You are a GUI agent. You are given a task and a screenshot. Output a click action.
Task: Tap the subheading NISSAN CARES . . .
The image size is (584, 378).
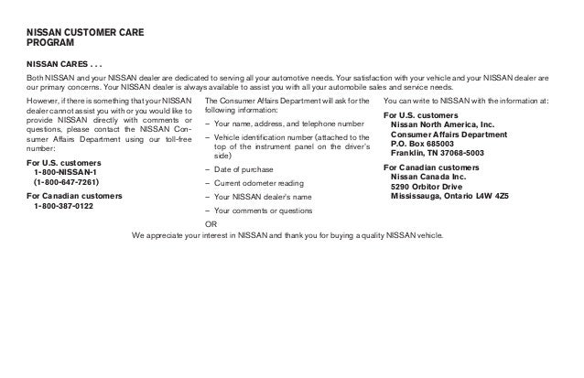[x=63, y=64]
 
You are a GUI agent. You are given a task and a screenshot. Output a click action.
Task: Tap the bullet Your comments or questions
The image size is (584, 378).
[x=262, y=210]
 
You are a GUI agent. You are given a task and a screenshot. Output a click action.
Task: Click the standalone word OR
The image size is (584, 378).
[x=211, y=222]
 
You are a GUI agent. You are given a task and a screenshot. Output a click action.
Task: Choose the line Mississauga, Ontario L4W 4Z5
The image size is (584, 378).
[x=449, y=197]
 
